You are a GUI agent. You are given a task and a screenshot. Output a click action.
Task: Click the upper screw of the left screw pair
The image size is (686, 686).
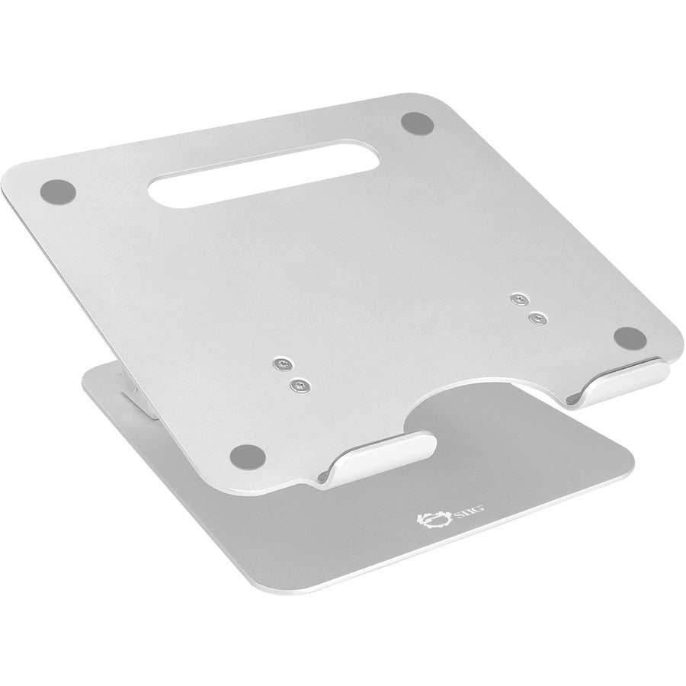(x=284, y=363)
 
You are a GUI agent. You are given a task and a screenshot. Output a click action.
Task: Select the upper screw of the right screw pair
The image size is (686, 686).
(x=521, y=298)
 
